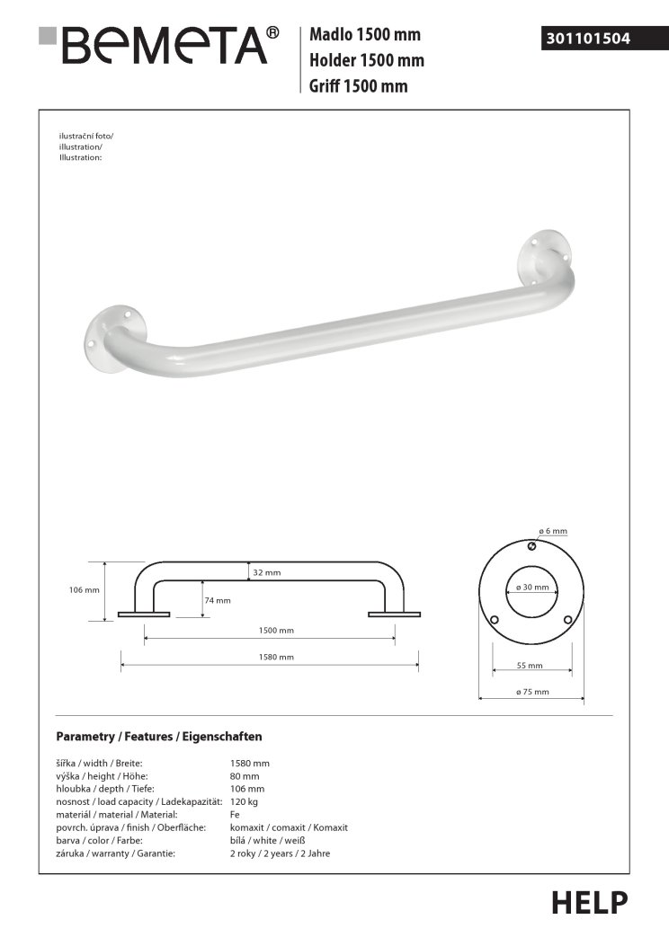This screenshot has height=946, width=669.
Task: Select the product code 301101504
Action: pyautogui.click(x=588, y=39)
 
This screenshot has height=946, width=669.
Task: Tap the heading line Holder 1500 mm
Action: pyautogui.click(x=367, y=61)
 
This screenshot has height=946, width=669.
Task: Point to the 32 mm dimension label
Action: pyautogui.click(x=267, y=572)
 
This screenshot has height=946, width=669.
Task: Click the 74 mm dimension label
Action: pyautogui.click(x=218, y=600)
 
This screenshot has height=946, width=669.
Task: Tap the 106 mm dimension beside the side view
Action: pyautogui.click(x=84, y=590)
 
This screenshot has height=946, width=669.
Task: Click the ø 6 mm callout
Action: pyautogui.click(x=553, y=532)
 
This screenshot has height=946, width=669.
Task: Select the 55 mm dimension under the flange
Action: pyautogui.click(x=531, y=666)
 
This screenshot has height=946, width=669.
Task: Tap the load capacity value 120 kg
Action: pyautogui.click(x=245, y=801)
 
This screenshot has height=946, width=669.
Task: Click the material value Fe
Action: pyautogui.click(x=236, y=814)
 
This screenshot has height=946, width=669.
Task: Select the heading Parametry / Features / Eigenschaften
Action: pyautogui.click(x=159, y=737)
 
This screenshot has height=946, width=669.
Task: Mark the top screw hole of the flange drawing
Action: pyautogui.click(x=531, y=547)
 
